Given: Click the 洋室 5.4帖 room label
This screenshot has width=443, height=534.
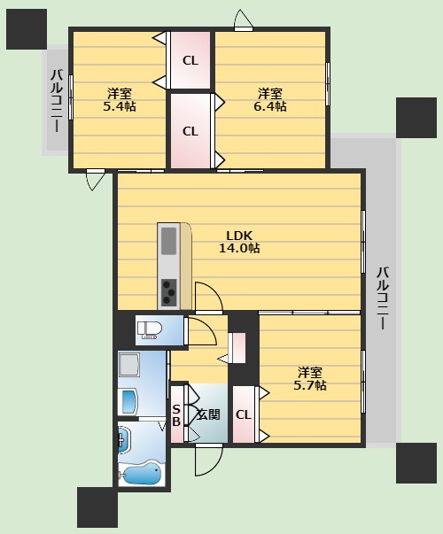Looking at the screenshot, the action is (120, 100).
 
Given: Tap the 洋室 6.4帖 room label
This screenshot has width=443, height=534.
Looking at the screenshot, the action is (269, 100).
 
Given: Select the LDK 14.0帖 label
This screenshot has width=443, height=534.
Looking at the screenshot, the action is (239, 242).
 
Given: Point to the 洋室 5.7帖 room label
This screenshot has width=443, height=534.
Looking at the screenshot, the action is (310, 378).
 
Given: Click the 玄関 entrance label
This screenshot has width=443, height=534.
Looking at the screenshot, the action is (208, 414).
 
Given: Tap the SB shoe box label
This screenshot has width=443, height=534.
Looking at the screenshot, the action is (176, 415).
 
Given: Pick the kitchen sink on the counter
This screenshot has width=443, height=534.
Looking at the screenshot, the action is (168, 241).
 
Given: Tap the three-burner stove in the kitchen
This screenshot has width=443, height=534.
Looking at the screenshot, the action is (169, 292).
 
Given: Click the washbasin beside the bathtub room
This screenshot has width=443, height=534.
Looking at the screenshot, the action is (123, 440).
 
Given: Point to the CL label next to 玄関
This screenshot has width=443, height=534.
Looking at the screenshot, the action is (244, 414).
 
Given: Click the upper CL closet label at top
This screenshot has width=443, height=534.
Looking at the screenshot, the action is (190, 60).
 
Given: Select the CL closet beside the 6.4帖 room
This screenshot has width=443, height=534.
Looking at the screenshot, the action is (190, 131).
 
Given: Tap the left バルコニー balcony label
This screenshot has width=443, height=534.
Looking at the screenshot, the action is (57, 100).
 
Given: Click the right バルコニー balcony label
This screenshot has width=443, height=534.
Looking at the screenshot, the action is (383, 298).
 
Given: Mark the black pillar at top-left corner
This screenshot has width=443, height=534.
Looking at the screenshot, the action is (27, 29).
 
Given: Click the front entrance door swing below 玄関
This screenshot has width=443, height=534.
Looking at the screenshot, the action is (208, 460).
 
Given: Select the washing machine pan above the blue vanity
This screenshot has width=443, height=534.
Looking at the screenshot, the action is (128, 364).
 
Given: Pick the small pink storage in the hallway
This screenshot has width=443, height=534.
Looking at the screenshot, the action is (237, 347).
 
